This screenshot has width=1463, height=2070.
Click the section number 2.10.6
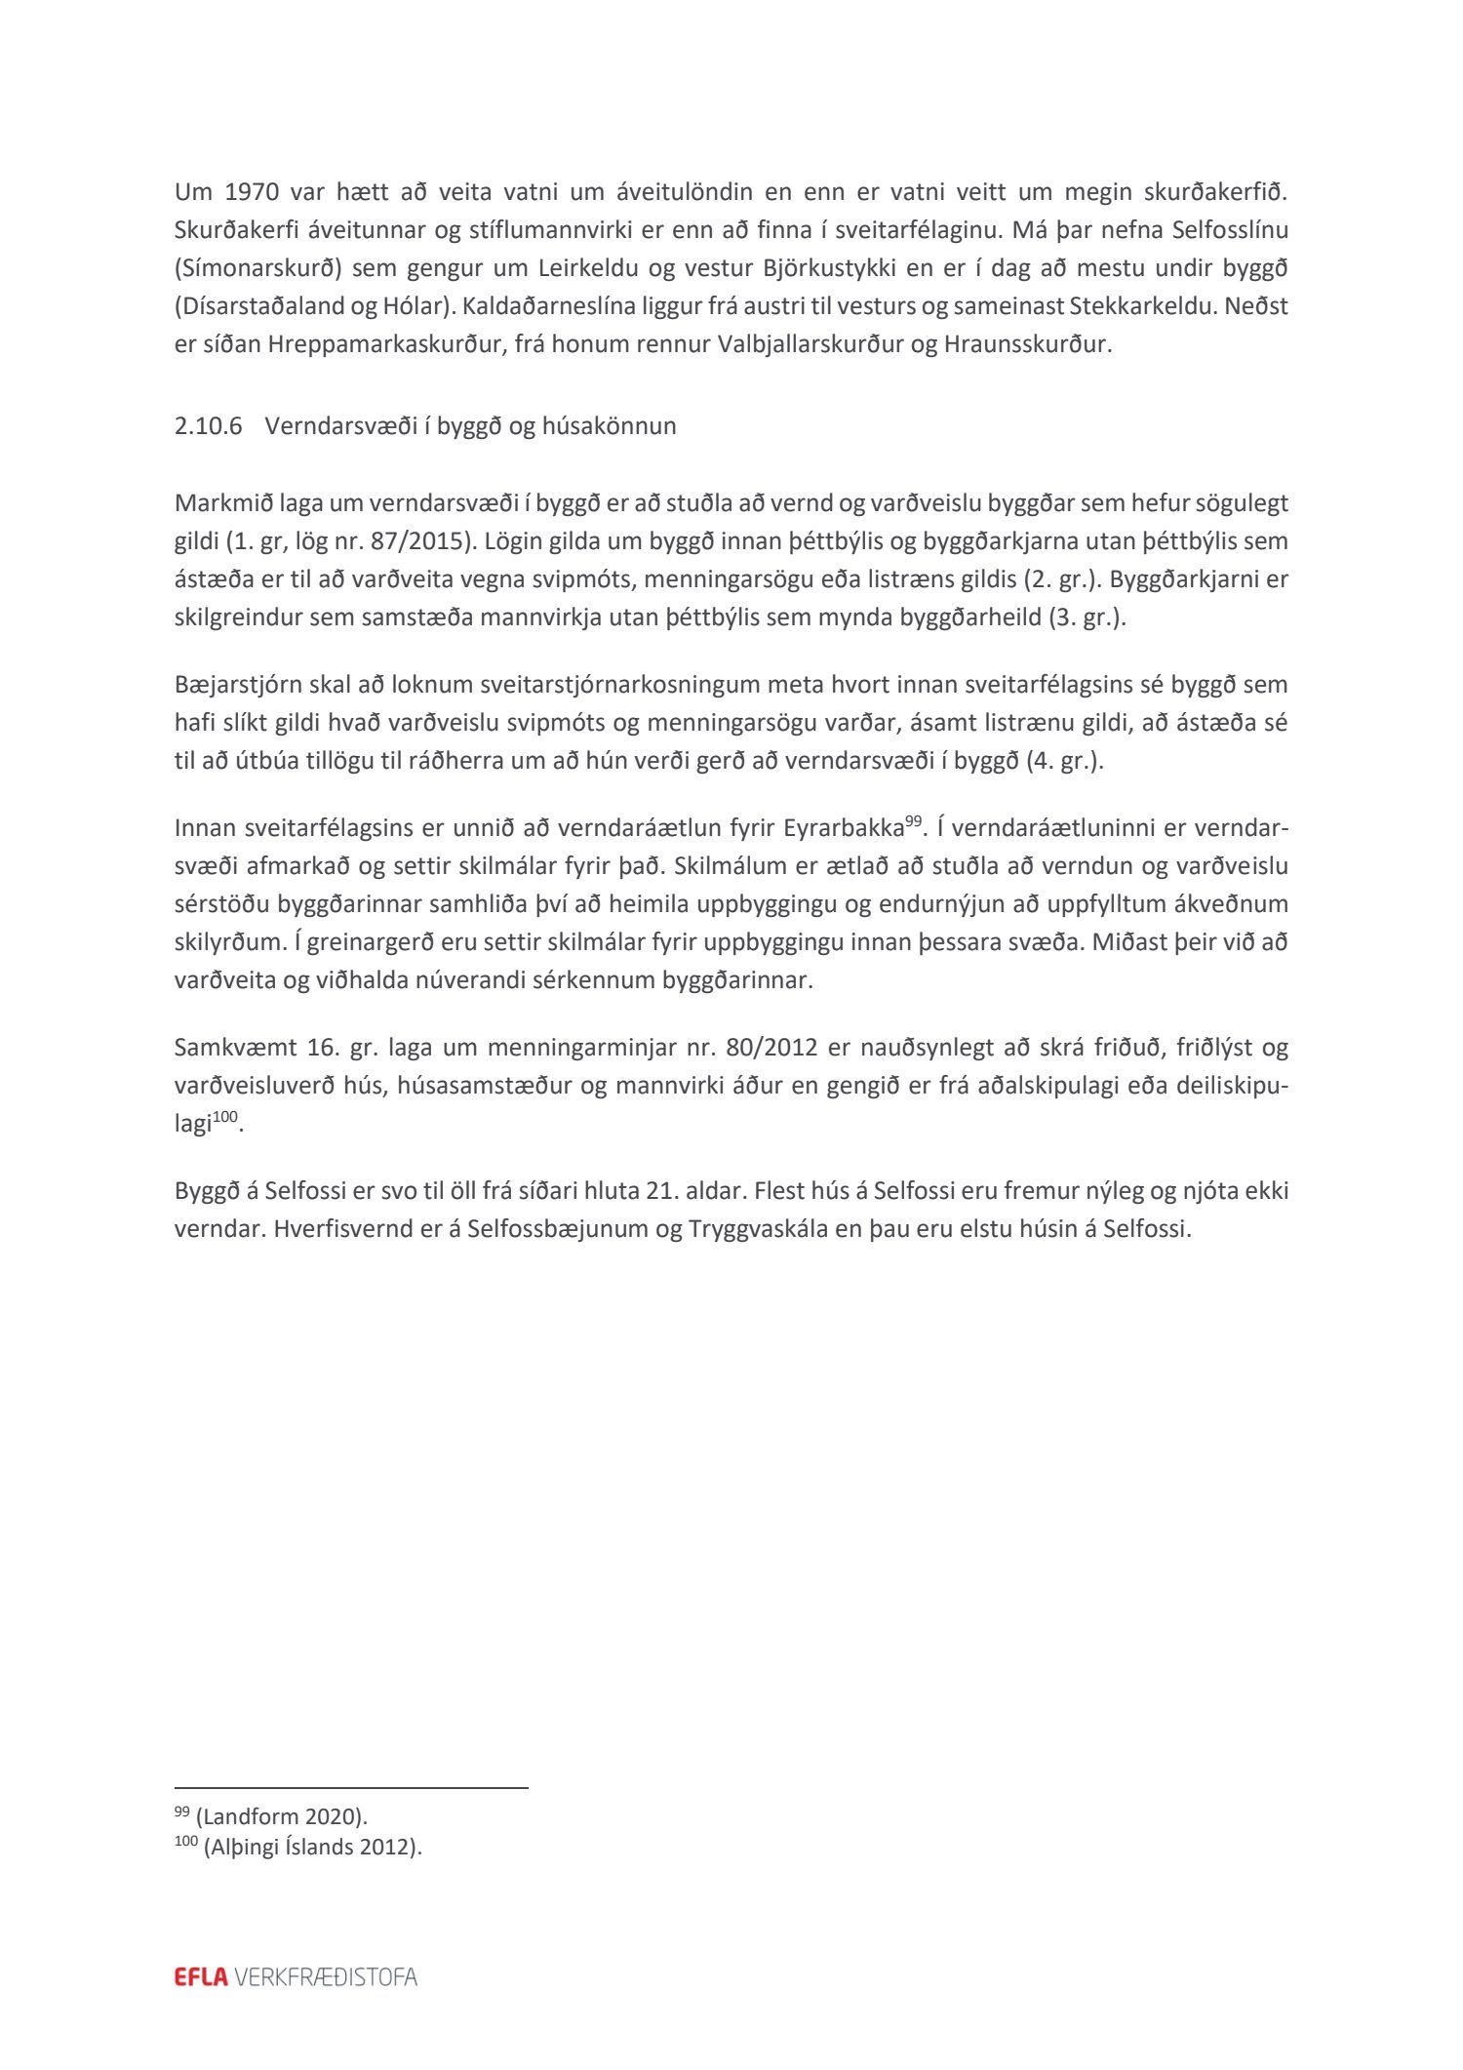[x=208, y=426]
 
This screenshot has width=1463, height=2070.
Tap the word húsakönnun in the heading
[x=619, y=426]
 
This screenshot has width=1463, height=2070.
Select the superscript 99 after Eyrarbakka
[x=913, y=821]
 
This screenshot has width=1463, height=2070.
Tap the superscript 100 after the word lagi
[x=225, y=1117]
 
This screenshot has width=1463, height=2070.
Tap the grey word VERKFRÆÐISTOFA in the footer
[x=326, y=1977]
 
